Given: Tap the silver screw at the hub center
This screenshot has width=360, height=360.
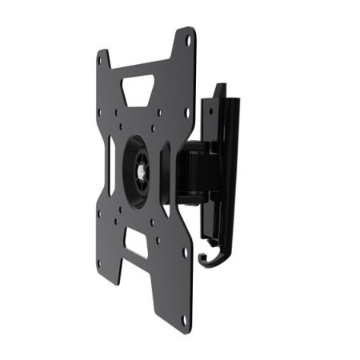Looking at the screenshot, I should coord(142,170).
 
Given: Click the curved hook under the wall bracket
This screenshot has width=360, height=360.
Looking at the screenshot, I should coord(213,257).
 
